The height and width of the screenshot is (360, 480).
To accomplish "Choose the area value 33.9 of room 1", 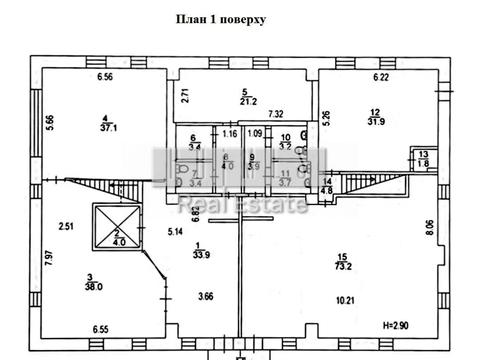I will tap(200, 252).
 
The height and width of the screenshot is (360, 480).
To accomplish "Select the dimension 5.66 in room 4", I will tap(48, 124).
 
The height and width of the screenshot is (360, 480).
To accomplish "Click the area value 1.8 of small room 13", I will tap(424, 162).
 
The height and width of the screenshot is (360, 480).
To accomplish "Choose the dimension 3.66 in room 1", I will tap(205, 296).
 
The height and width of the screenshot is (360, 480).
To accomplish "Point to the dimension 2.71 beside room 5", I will tap(185, 97).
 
